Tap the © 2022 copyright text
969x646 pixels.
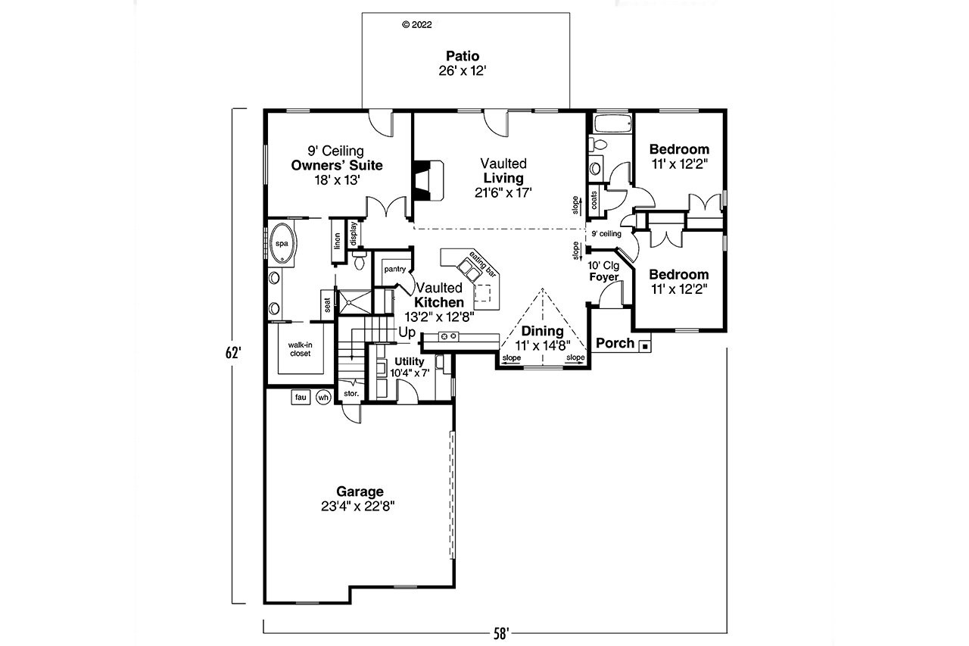click(x=416, y=24)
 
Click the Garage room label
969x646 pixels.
click(x=360, y=492)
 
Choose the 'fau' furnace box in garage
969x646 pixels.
click(x=301, y=397)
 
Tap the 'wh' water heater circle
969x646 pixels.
click(x=323, y=397)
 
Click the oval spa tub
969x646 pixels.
click(x=282, y=244)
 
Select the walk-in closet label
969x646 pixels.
click(x=300, y=348)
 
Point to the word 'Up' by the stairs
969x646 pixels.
click(x=407, y=332)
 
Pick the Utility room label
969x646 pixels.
click(x=409, y=361)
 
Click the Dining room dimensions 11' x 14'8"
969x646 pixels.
click(x=542, y=344)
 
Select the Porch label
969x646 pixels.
click(x=615, y=343)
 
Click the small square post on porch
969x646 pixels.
click(x=644, y=346)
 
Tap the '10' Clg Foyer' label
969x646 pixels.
click(x=604, y=271)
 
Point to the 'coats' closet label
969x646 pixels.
click(x=594, y=199)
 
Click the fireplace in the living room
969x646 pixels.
click(x=428, y=180)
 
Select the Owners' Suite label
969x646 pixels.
click(x=337, y=165)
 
